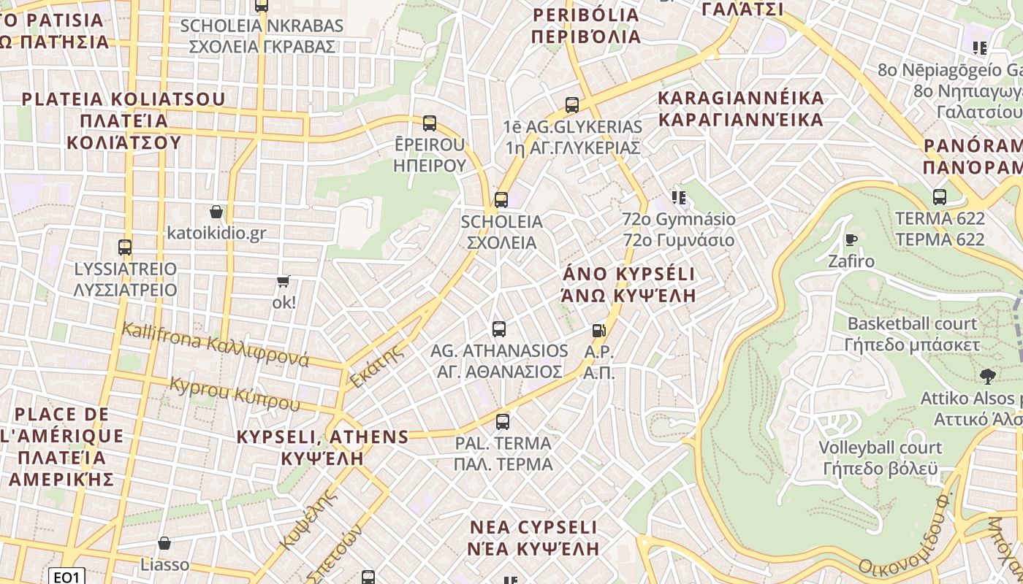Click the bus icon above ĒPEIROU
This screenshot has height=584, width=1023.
[x=430, y=123]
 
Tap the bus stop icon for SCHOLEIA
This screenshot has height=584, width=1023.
[x=501, y=199]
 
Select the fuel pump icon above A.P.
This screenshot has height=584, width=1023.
[x=599, y=330]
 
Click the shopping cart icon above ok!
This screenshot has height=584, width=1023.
[x=284, y=281]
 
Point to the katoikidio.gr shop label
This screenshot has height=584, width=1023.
[x=216, y=234]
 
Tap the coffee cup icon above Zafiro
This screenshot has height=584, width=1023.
[x=851, y=239]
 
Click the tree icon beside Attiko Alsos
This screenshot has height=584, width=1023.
[x=988, y=377]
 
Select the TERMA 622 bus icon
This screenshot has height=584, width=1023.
[x=940, y=196]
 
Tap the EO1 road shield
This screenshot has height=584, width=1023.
[x=66, y=577]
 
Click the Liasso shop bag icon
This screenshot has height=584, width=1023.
[x=164, y=543]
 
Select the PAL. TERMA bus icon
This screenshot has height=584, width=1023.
[x=503, y=421]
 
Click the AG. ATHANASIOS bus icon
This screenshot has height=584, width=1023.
[x=499, y=328]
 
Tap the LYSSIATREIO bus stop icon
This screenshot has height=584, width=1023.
[x=125, y=247]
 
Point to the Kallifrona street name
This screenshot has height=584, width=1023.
[x=216, y=345]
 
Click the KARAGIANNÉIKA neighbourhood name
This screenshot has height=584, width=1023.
[x=741, y=108]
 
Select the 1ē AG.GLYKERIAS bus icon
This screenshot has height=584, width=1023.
[x=572, y=104]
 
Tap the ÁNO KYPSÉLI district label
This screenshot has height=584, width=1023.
[x=628, y=284]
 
